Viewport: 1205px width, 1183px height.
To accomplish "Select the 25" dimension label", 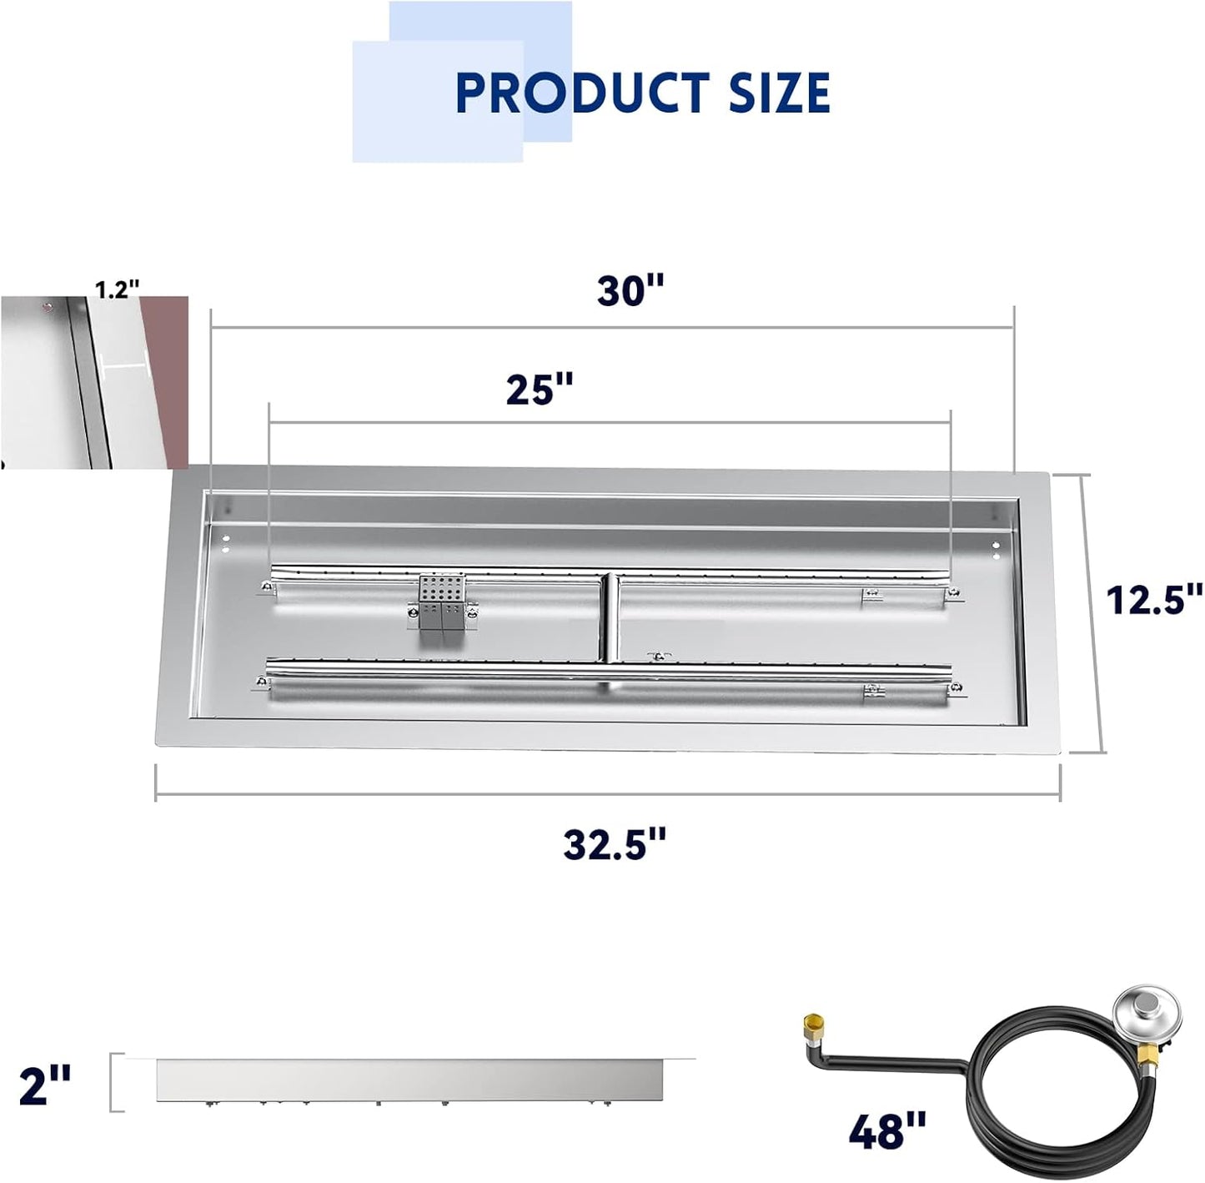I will pos(540,389).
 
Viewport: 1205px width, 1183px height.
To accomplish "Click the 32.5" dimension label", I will pos(615,844).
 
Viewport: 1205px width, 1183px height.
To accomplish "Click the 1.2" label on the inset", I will pos(117,290).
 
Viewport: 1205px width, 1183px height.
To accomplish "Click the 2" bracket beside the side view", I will pos(116,1083).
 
